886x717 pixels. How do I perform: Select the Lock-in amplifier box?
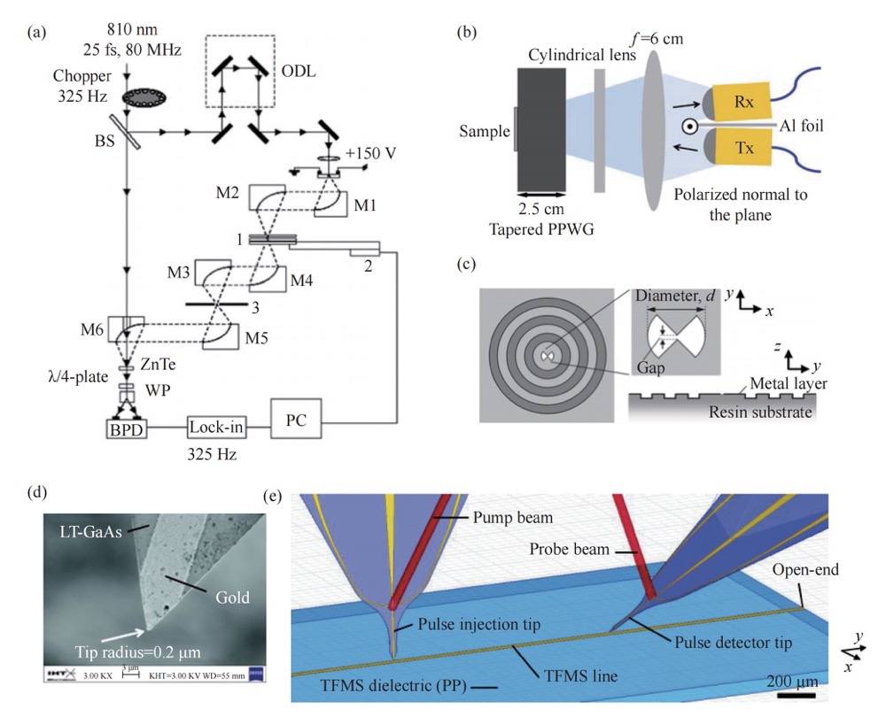pyautogui.click(x=215, y=427)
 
